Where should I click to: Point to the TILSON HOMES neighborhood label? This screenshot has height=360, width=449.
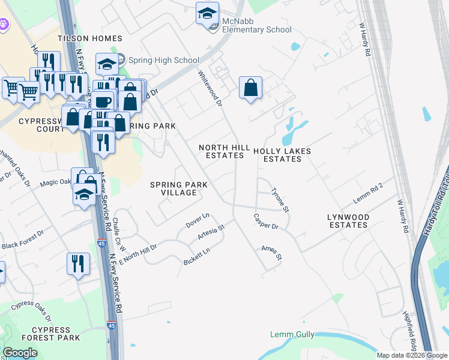pos(90,38)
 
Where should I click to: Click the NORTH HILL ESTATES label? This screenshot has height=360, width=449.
pos(221,151)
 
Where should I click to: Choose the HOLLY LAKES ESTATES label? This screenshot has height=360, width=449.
pos(282,155)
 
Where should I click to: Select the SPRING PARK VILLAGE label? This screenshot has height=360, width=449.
pos(173,188)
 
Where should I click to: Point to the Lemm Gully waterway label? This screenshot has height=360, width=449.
pos(292,334)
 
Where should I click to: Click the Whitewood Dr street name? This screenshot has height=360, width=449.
pos(211,89)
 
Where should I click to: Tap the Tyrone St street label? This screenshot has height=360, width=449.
pos(280,200)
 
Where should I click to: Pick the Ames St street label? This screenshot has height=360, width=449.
pos(271,253)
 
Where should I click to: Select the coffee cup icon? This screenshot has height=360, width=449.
pos(103,100)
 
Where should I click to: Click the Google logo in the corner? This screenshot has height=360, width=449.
pos(20,353)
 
